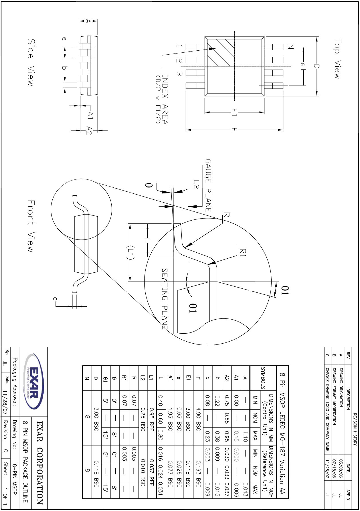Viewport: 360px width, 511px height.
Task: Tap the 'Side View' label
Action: coord(31,62)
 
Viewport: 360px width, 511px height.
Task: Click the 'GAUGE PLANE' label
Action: coord(208,185)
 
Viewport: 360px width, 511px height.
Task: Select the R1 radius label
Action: coord(243,253)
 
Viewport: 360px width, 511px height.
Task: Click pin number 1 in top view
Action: coord(179,46)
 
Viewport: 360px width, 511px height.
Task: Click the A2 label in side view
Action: coord(89,130)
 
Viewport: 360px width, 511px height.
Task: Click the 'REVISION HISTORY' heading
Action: coord(355,429)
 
